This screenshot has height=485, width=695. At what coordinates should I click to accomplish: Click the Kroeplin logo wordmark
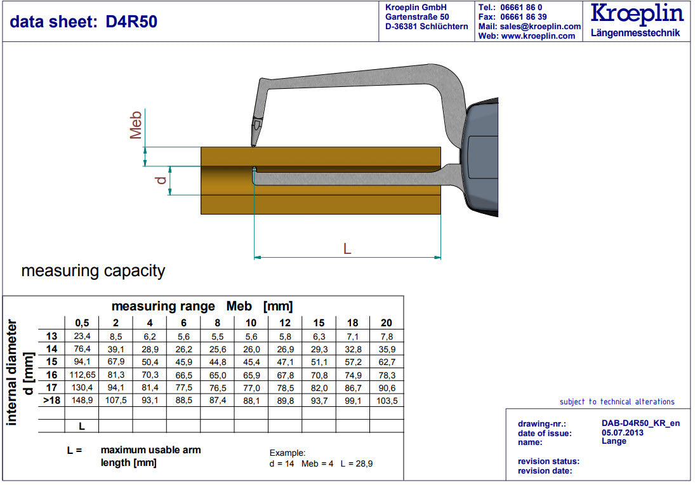point(637,14)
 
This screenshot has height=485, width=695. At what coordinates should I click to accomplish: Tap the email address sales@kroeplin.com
point(540,27)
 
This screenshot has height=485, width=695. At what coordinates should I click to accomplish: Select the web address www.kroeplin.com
point(538,36)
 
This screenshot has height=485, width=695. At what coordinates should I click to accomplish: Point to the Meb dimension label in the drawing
point(136,125)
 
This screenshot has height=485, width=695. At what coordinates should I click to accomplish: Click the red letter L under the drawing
point(347,249)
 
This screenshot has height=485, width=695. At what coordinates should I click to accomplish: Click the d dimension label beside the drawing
point(161,180)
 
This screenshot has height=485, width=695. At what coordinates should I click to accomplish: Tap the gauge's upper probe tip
point(253,145)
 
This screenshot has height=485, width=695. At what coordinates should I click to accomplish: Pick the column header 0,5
point(82,323)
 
